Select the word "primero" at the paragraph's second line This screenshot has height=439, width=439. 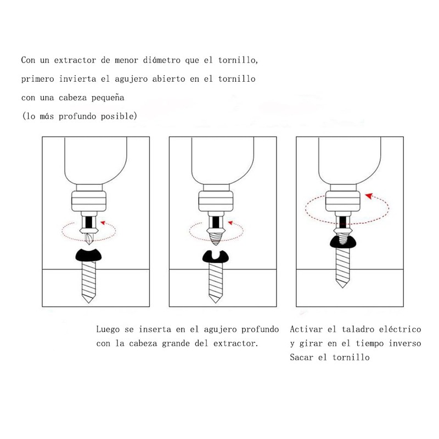click(x=38, y=78)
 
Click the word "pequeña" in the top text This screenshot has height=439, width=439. click(x=108, y=98)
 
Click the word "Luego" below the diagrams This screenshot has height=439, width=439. click(x=108, y=329)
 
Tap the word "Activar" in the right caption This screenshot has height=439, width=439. click(x=306, y=329)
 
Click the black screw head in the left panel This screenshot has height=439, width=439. click(x=89, y=255)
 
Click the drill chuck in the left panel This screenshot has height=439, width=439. click(x=88, y=201)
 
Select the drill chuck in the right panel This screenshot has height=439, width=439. click(x=341, y=200)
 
